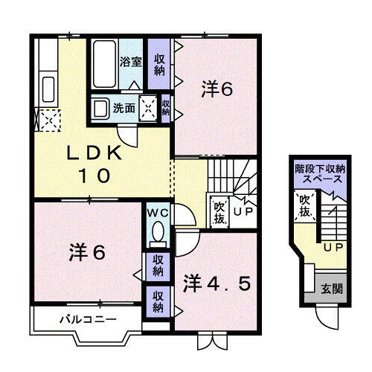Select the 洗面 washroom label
click(123, 108)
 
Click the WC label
click(158, 212)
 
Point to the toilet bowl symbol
click(158, 234)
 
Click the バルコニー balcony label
click(88, 320)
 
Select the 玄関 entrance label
click(333, 288)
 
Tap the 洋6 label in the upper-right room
click(217, 89)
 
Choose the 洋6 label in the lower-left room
click(87, 251)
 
